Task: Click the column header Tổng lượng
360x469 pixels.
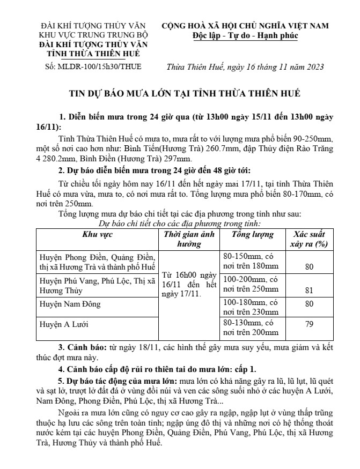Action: (252, 234)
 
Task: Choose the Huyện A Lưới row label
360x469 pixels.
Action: (62, 324)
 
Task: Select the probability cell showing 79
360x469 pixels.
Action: (309, 324)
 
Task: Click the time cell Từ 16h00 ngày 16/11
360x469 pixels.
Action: (189, 286)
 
